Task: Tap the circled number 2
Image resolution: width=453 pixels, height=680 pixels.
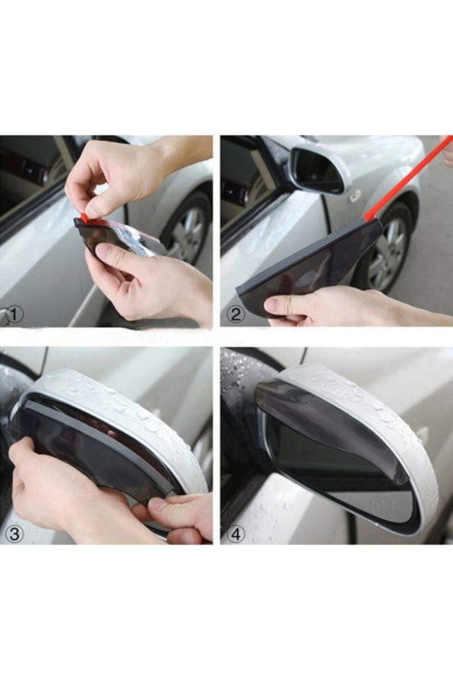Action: (236, 313)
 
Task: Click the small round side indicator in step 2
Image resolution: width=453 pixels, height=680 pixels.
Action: (354, 197)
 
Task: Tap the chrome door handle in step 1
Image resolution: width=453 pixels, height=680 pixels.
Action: (6, 315)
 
